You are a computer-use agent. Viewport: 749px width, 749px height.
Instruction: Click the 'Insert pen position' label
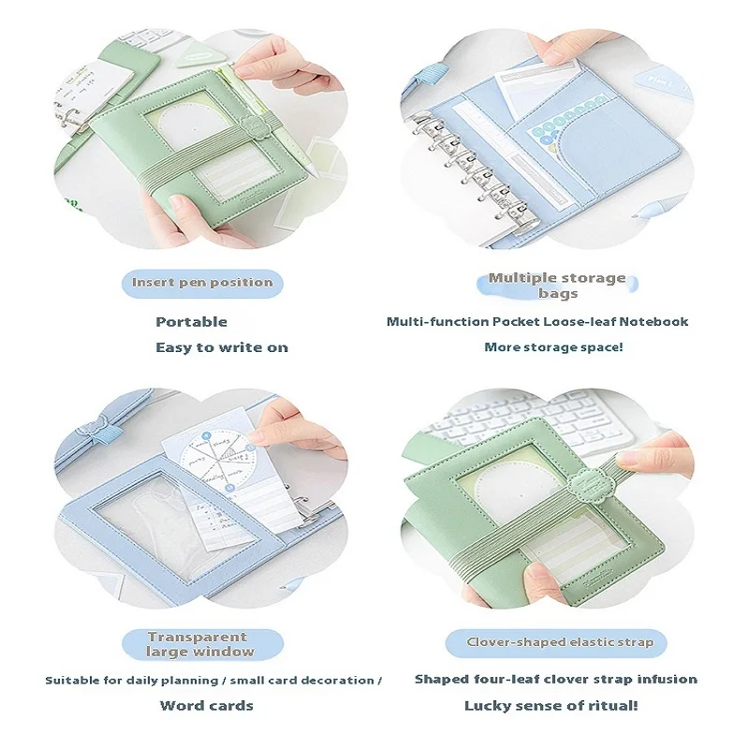click(202, 283)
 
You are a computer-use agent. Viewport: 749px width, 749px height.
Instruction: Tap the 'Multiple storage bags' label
click(557, 286)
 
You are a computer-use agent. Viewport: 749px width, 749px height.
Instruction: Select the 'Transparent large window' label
click(201, 644)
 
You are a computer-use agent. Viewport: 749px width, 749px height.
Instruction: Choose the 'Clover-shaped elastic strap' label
click(559, 642)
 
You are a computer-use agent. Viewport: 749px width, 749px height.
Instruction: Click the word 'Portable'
click(192, 322)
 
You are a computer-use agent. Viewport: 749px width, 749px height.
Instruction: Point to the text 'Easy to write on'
click(222, 347)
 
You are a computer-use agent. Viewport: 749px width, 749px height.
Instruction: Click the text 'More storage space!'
click(553, 347)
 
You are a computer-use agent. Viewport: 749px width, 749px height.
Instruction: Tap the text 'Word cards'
click(206, 706)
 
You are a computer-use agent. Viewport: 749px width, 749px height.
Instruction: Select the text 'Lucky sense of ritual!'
click(551, 706)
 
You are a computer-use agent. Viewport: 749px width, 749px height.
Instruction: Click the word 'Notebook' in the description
click(654, 321)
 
